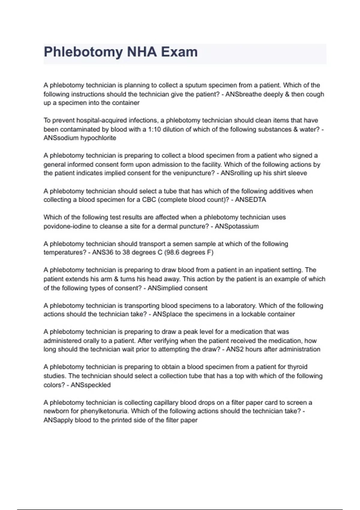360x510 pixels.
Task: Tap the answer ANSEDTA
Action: point(250,200)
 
